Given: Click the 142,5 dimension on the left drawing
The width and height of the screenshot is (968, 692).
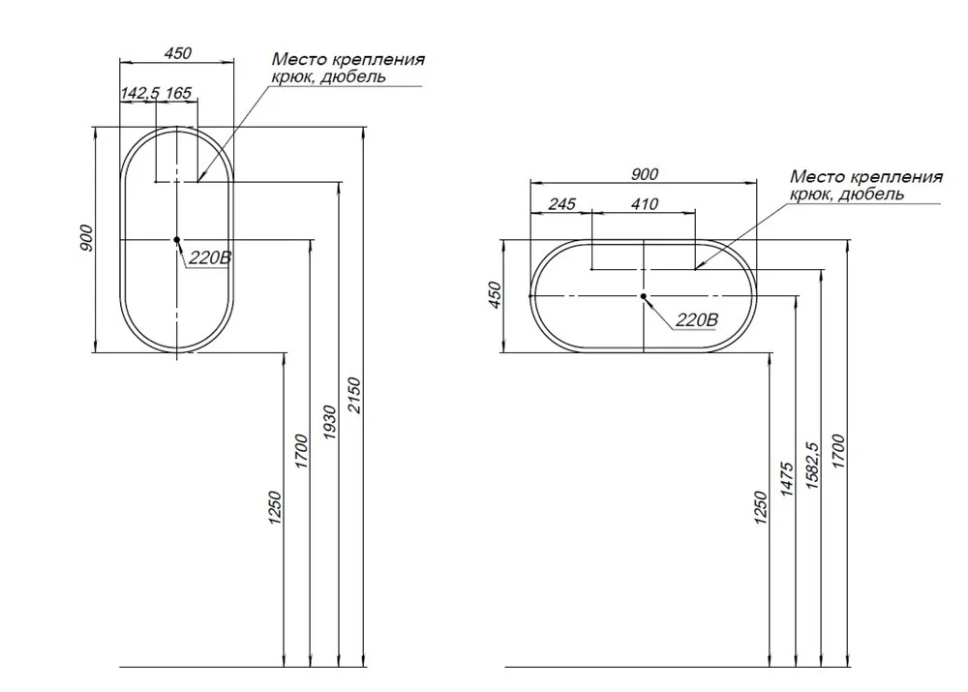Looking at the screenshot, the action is pos(140,93).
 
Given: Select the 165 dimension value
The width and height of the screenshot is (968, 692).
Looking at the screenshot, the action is pos(179,93).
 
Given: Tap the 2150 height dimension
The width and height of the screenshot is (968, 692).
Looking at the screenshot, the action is pos(353,395).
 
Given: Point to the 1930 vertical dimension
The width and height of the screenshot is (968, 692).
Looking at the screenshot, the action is pos(330,422).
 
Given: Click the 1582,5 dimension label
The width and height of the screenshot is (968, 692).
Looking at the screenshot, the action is pos(812,465).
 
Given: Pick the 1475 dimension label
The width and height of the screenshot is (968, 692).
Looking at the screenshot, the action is pos(786,478).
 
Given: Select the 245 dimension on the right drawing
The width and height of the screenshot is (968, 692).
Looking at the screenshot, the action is pos(561,203).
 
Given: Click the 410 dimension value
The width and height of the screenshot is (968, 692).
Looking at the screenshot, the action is pos(645,203).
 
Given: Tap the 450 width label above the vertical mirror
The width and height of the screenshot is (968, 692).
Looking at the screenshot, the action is pos(178,53).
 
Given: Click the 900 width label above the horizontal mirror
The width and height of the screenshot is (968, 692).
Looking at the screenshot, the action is pos(645,175).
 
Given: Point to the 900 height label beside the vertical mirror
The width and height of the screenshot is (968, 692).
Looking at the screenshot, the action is pos(86,238).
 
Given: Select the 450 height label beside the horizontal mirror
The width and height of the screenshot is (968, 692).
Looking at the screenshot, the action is pos(495,295).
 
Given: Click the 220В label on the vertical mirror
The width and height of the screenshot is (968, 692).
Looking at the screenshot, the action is pos(210,257).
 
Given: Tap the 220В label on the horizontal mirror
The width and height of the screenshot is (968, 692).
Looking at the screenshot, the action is pos(697,319).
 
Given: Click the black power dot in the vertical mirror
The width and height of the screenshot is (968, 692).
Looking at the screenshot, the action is pos(176,239).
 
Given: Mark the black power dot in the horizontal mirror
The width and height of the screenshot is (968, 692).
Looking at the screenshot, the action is pos(644,296).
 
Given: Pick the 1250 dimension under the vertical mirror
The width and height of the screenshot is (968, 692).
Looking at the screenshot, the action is pos(275,508).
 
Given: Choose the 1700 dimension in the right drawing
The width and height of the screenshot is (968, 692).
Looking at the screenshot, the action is pos(838,451).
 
